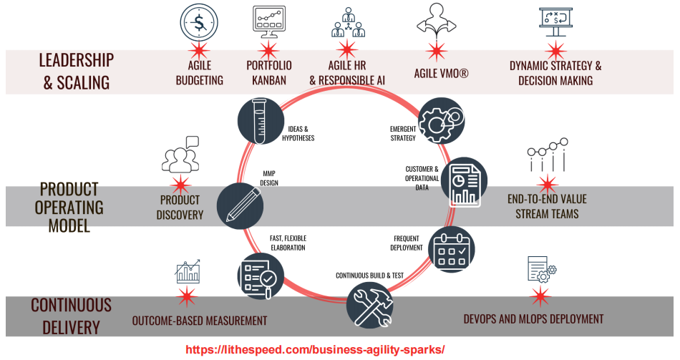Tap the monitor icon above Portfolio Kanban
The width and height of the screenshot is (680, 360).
[x=269, y=22]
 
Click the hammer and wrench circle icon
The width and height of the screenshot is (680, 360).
[x=369, y=302]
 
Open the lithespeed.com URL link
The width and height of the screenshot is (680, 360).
[x=315, y=350]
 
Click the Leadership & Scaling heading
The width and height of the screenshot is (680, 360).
[x=76, y=71]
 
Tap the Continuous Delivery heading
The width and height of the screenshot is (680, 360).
[x=71, y=316]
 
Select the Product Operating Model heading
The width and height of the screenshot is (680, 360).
[x=71, y=208]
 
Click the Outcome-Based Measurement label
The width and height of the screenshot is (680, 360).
[x=200, y=321]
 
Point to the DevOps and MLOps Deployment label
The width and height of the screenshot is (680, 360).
[x=533, y=319]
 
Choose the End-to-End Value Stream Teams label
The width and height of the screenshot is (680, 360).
[x=547, y=206]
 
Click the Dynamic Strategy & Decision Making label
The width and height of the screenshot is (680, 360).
[x=555, y=73]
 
